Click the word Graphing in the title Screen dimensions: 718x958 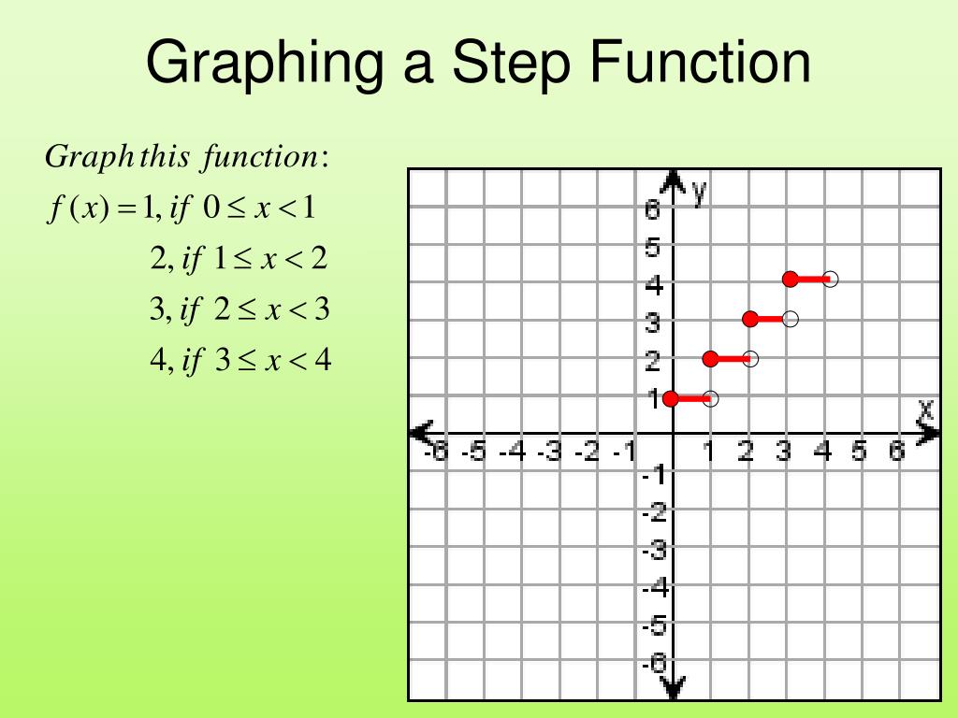pos(265,64)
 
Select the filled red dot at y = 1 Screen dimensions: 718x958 pos(671,398)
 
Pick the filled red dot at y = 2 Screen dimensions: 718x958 pos(710,358)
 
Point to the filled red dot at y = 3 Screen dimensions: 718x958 pos(750,319)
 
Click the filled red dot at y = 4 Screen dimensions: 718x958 pos(791,279)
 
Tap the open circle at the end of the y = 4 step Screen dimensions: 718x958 pos(831,279)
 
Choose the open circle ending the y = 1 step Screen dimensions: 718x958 pos(711,398)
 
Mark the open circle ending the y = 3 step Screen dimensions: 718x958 pos(791,319)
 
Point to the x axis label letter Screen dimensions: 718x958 pos(925,409)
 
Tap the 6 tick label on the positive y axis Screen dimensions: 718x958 pos(652,210)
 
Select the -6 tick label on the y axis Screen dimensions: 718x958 pos(654,664)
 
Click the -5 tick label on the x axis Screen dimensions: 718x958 pos(476,453)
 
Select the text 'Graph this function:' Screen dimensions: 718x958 pos(187,156)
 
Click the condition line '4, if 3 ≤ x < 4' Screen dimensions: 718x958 pos(240,360)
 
